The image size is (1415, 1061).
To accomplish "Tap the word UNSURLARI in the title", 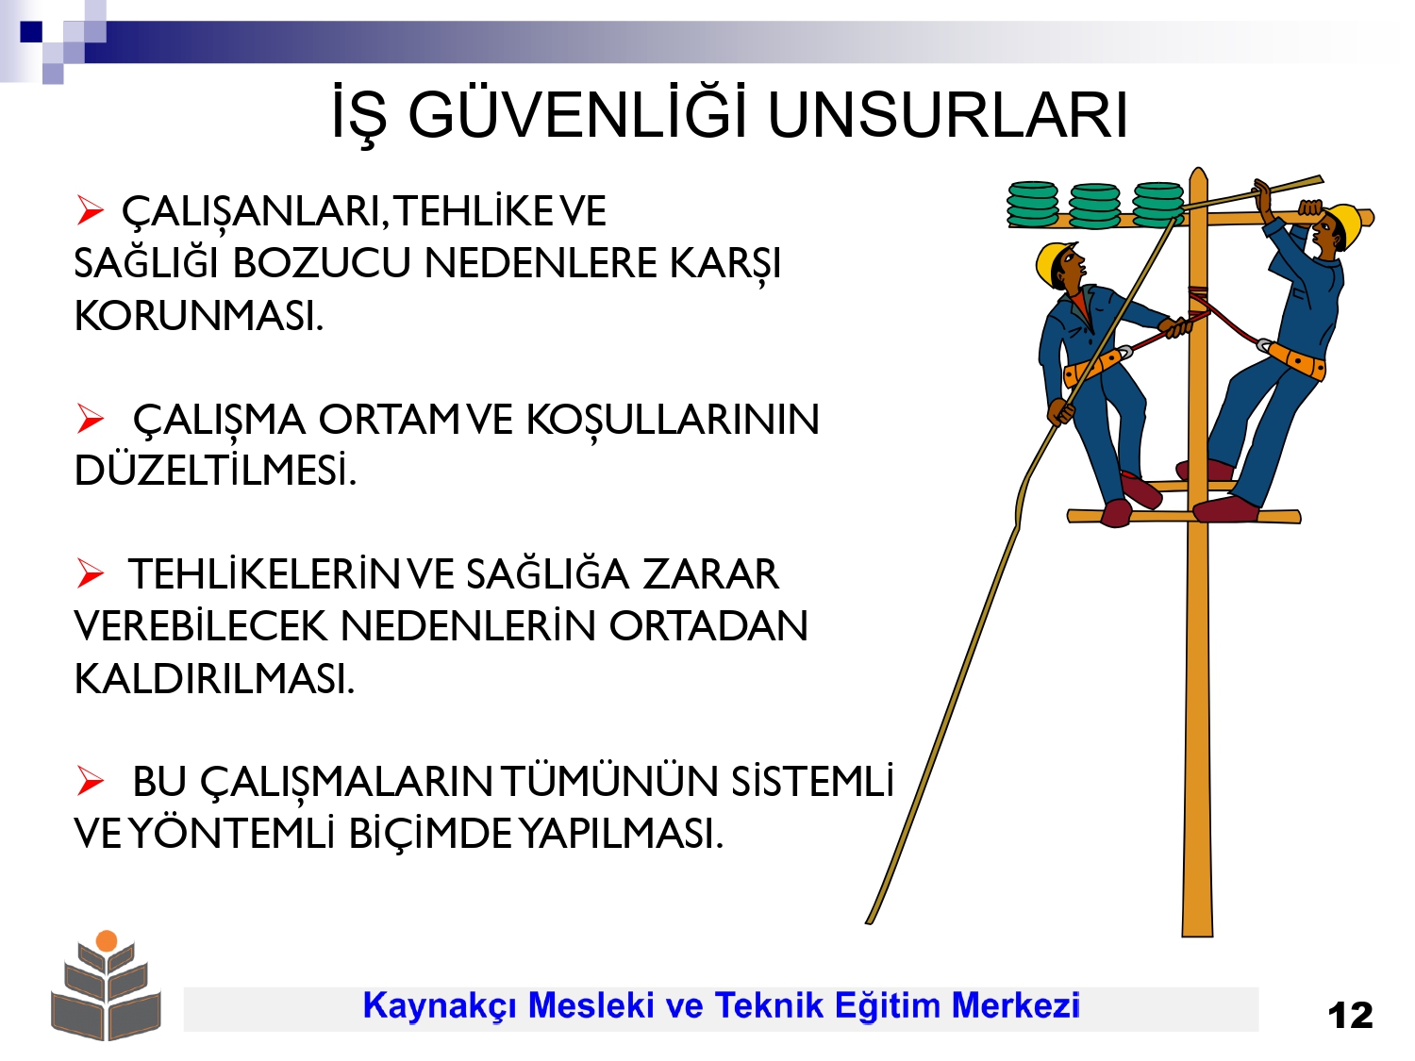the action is click(x=948, y=116).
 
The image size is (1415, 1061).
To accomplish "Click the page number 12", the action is click(x=1350, y=1016).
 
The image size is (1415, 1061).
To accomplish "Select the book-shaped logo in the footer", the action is click(x=106, y=985).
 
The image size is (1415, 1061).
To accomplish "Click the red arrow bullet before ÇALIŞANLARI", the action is click(x=90, y=210).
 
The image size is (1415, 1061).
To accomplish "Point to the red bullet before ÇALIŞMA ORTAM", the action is click(x=90, y=418).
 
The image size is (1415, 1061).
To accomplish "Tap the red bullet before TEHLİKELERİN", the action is click(x=90, y=573).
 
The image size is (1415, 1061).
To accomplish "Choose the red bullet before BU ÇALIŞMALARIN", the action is click(x=90, y=781).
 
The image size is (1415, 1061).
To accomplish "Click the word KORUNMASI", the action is click(x=198, y=316).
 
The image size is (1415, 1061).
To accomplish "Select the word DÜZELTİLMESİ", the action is click(x=215, y=471).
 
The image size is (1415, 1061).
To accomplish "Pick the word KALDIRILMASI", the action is click(x=215, y=678).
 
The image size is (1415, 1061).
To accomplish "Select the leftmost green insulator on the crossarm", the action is click(x=1032, y=205).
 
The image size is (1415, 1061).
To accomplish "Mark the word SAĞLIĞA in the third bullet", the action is click(x=547, y=573).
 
